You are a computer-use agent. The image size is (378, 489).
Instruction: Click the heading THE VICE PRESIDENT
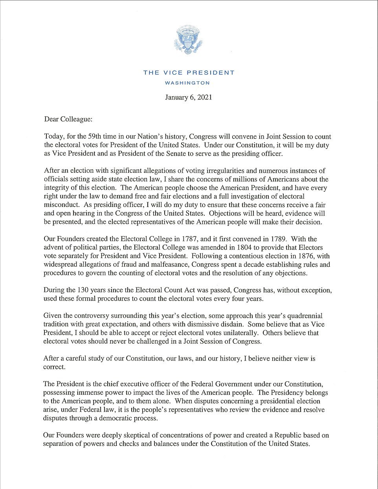189,73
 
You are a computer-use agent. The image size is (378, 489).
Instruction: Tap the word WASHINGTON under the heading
187,83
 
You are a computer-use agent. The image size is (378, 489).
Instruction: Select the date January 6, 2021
188,97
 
